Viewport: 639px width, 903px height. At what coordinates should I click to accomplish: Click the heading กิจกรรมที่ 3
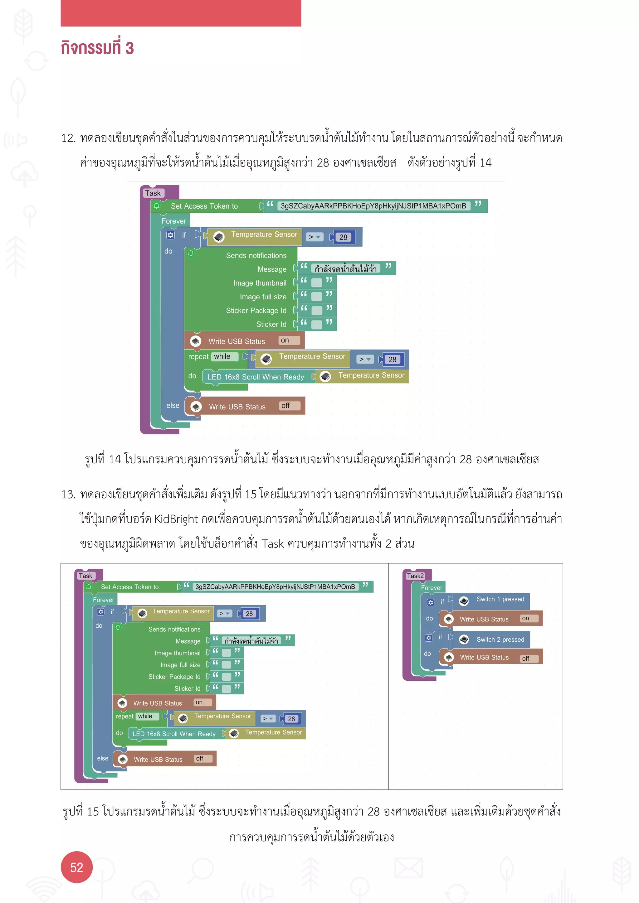point(97,48)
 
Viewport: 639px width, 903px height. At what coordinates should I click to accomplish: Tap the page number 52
point(76,867)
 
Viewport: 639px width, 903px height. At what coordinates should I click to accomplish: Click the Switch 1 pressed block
point(500,599)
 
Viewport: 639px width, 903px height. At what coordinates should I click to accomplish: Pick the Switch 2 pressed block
point(500,640)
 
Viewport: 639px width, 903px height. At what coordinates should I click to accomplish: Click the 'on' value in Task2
point(525,619)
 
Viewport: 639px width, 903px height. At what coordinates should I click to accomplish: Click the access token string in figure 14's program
point(373,206)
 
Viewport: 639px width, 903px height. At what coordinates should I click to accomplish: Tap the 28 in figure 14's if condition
point(343,238)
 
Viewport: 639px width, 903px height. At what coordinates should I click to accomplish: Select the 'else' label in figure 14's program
point(173,405)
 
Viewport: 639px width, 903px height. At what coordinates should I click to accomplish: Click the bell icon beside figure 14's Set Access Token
point(157,206)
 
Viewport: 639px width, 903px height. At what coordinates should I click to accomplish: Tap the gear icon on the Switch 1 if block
point(431,602)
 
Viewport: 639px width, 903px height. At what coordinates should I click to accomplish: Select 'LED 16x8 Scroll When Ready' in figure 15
point(174,734)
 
